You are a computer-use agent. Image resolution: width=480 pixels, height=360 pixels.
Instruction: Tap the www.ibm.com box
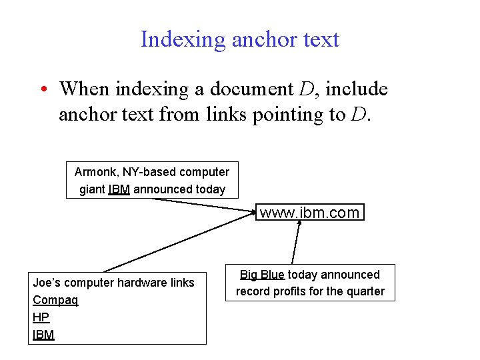(310, 213)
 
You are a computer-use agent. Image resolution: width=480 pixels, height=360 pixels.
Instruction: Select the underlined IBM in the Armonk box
(119, 189)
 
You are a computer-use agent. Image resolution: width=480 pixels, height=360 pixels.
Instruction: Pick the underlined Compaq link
(55, 300)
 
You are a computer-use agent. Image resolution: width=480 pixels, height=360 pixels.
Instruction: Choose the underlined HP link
(41, 317)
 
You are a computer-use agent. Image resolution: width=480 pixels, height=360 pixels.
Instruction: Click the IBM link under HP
(43, 335)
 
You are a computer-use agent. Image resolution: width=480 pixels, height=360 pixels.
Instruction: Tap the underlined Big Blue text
(262, 275)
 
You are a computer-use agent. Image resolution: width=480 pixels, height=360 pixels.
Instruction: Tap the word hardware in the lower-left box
(135, 283)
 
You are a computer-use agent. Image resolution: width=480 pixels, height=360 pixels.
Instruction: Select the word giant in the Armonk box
(92, 189)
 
